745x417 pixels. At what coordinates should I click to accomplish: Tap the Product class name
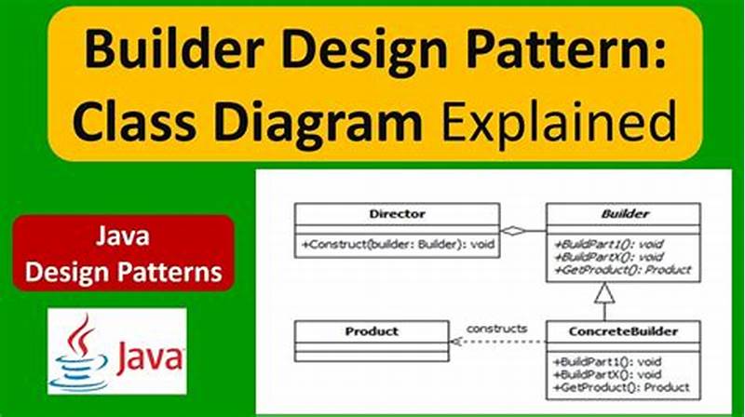click(x=372, y=330)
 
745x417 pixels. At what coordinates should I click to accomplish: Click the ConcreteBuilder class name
click(x=623, y=330)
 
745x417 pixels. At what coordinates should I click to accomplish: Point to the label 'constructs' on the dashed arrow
click(x=496, y=328)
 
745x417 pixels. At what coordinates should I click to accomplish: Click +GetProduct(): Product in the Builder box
click(x=623, y=270)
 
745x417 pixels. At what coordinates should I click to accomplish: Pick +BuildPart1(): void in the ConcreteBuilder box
click(x=610, y=361)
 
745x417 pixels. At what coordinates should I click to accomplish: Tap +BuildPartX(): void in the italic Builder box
click(x=610, y=257)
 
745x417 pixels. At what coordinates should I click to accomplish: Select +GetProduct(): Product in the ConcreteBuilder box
click(x=622, y=386)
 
